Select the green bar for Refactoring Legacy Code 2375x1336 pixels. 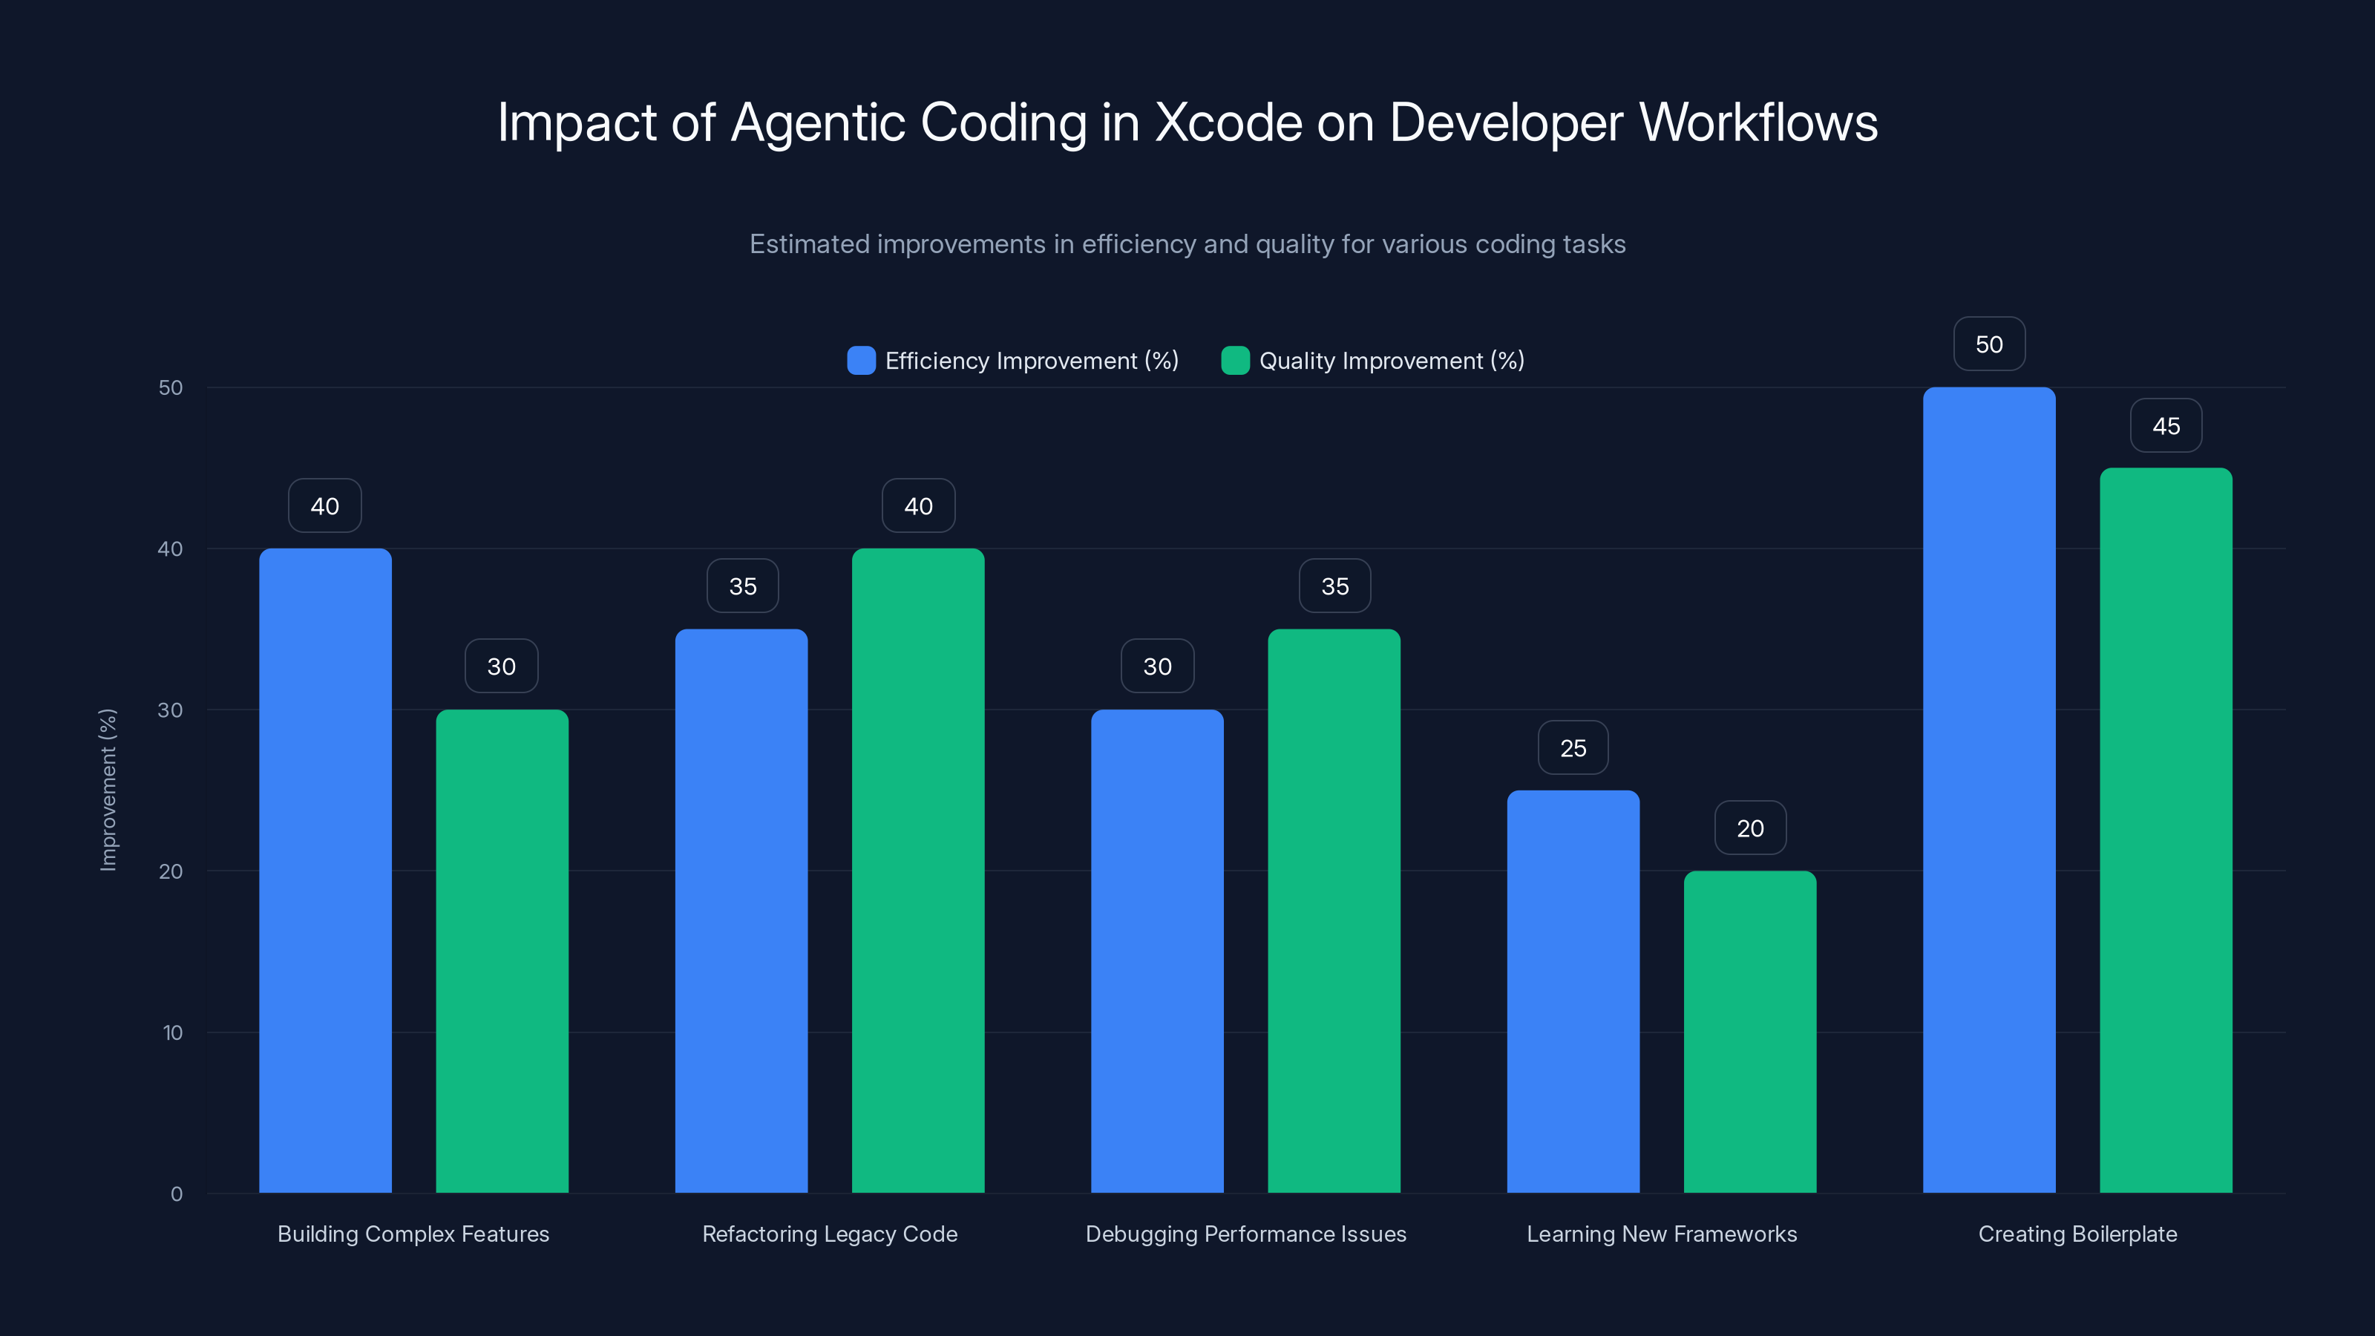point(917,871)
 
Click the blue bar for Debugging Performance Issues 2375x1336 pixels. point(1157,951)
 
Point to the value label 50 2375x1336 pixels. point(1989,344)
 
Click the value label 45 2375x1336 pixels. point(2166,425)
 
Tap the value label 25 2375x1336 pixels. point(1573,747)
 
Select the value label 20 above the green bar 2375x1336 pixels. point(1750,828)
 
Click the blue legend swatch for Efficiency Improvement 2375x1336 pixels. point(861,361)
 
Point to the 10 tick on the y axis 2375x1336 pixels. point(172,1032)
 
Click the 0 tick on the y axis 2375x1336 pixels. point(176,1194)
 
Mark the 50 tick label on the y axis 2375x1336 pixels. point(171,387)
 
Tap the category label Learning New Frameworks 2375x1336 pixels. point(1662,1234)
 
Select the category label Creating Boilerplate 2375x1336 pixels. point(2077,1234)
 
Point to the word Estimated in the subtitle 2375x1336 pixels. point(808,244)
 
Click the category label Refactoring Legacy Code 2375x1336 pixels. point(830,1234)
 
